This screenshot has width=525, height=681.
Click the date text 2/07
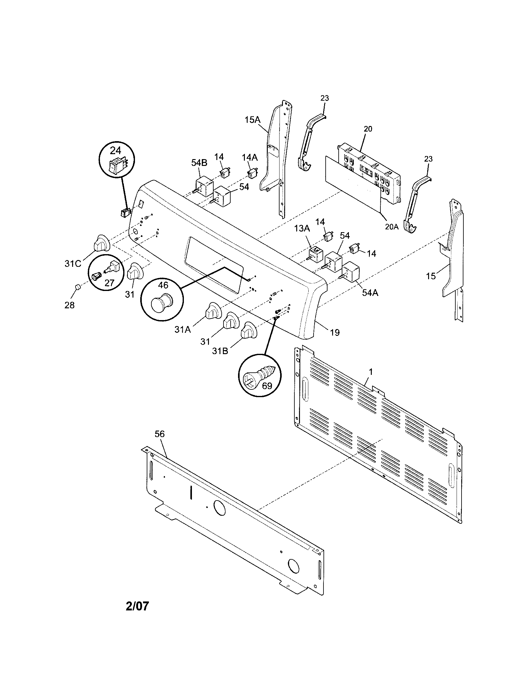137,606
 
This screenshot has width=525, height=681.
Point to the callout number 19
335,332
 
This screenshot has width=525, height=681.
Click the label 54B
199,163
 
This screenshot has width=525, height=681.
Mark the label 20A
392,227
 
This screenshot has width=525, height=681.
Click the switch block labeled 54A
351,271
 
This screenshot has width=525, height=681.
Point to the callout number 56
159,434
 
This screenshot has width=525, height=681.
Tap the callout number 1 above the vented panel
371,372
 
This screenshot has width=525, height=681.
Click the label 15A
252,120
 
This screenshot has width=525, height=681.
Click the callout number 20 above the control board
368,129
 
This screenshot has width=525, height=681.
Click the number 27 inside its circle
109,283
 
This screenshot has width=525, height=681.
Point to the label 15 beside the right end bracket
431,276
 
